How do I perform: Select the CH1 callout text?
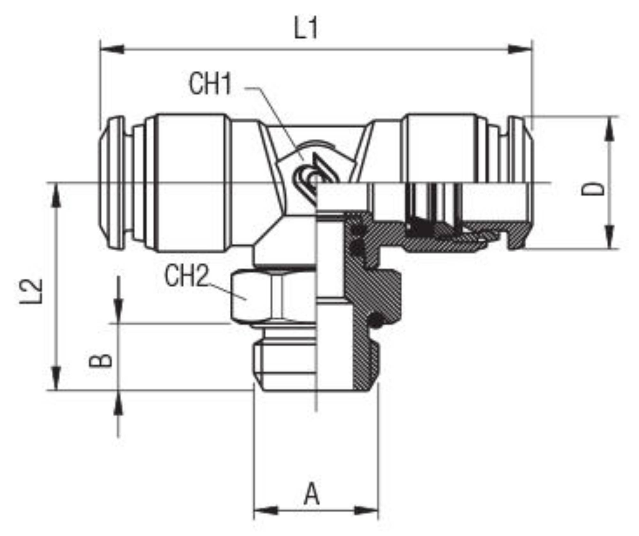[x=210, y=84]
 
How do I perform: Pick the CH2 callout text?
[x=186, y=276]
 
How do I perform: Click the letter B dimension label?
[x=101, y=361]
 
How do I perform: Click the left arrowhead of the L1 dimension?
[x=112, y=50]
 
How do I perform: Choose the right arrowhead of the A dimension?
[x=366, y=510]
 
